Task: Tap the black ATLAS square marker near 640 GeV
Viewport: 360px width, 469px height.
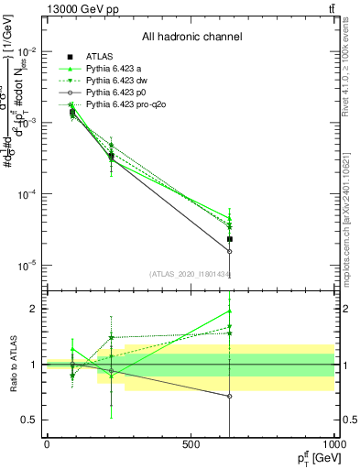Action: (x=230, y=239)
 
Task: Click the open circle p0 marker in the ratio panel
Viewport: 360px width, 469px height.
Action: (x=230, y=397)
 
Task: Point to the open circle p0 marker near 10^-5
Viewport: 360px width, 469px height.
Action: (x=230, y=251)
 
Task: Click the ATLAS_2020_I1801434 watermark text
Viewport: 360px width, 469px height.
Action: (x=191, y=274)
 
